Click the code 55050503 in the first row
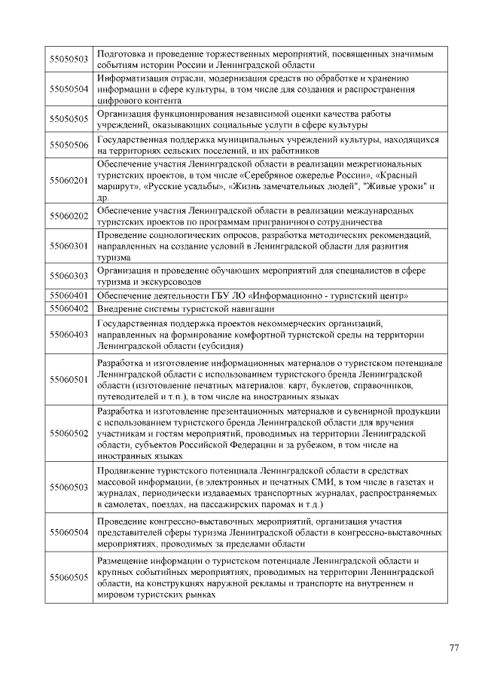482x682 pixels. click(69, 60)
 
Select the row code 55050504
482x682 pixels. click(69, 89)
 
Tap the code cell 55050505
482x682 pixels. click(69, 118)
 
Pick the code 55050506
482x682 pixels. click(69, 145)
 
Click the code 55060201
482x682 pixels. click(69, 180)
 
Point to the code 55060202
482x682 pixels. click(69, 216)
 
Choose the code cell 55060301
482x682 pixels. click(69, 246)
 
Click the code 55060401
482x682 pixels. click(69, 296)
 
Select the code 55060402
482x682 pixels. click(69, 308)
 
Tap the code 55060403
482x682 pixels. click(69, 334)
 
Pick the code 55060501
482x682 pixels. click(69, 379)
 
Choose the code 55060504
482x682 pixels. click(69, 532)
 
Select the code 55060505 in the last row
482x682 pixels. click(69, 577)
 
